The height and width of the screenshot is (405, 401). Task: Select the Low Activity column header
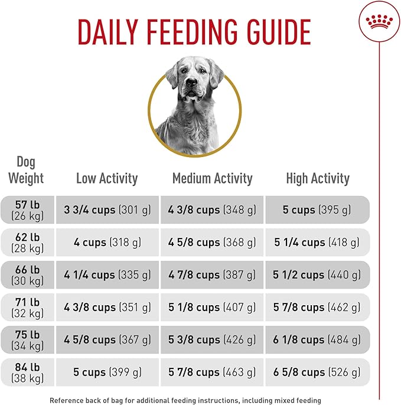point(107,178)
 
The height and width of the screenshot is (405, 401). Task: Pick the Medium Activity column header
point(212,178)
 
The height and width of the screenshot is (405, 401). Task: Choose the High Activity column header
point(318,178)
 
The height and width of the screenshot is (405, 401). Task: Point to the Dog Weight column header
point(27,169)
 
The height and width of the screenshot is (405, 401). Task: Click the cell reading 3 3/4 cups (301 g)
point(107,210)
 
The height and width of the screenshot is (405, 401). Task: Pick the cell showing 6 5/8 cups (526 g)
point(318,372)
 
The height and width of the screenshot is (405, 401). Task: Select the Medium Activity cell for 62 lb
point(212,242)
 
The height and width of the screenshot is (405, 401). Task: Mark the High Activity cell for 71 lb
point(318,307)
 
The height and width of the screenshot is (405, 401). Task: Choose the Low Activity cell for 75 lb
point(107,339)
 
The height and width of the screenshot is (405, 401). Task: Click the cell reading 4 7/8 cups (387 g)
point(212,275)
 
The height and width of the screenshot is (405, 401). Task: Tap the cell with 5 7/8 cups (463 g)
point(212,372)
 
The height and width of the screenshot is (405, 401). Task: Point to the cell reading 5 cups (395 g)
point(318,210)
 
